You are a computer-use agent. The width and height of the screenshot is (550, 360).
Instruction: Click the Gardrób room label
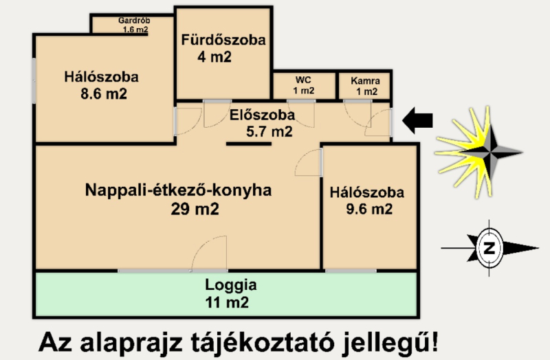pos(134,21)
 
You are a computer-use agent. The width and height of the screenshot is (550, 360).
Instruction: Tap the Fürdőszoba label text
pos(223,40)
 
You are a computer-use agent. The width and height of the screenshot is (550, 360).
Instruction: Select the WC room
pos(304,86)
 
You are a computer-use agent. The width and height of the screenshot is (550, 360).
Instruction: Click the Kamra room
pos(365,86)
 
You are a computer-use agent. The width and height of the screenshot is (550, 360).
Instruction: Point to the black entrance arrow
pos(417,121)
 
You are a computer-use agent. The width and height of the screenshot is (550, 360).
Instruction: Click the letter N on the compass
pos(489,248)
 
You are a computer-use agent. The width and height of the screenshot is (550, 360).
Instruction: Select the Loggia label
pos(231,285)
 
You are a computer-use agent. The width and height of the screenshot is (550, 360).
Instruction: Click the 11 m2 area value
pos(227,302)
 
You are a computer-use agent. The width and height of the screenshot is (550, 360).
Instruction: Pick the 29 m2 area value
pos(195,209)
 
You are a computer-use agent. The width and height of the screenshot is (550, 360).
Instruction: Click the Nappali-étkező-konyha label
pos(179,190)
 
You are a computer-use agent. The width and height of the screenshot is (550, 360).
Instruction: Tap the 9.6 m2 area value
pos(369,209)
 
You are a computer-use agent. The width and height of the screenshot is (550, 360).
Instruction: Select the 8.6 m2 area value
pos(104,93)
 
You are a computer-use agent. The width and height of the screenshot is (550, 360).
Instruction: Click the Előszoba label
pos(262,115)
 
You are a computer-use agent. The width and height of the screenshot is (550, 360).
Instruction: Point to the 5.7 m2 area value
pos(269,131)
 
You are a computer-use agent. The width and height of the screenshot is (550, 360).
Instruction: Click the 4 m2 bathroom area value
pos(214,57)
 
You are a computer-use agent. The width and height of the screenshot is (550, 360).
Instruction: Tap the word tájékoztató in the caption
pos(263,342)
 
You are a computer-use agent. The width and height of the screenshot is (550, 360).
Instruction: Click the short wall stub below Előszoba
pos(249,144)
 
